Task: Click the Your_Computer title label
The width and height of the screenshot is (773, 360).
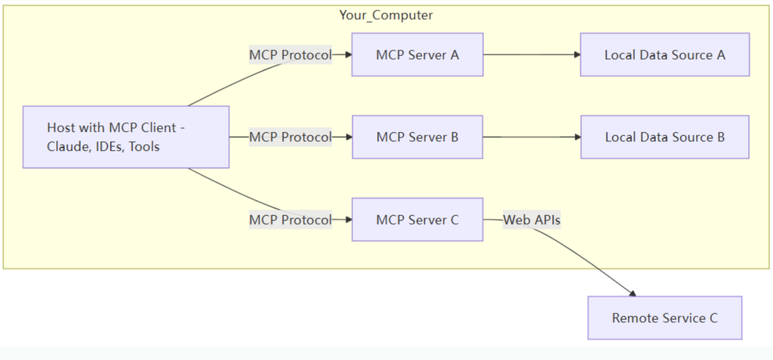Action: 386,15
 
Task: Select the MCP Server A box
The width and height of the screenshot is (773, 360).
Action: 417,55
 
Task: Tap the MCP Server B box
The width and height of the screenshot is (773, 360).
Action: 417,137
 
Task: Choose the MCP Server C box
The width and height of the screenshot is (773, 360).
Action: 417,220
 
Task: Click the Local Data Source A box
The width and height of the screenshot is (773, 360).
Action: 664,55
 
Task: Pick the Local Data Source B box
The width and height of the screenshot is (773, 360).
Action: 664,137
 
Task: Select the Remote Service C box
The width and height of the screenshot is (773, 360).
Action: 664,318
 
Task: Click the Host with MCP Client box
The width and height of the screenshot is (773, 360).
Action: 126,137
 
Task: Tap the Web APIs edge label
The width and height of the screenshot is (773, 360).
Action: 531,220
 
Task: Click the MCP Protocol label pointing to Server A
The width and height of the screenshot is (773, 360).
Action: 291,55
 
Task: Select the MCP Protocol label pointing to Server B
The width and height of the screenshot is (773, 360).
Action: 291,137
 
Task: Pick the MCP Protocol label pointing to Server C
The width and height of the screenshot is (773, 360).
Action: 291,220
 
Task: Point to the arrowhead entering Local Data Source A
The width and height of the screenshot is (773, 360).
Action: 577,55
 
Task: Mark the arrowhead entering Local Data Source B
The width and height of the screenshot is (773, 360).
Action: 577,137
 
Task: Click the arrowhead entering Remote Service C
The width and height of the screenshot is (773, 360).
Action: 633,294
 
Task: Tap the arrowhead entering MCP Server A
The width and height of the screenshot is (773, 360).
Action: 349,55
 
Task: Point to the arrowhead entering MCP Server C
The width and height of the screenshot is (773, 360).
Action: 349,220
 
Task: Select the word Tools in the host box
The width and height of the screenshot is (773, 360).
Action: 144,147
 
